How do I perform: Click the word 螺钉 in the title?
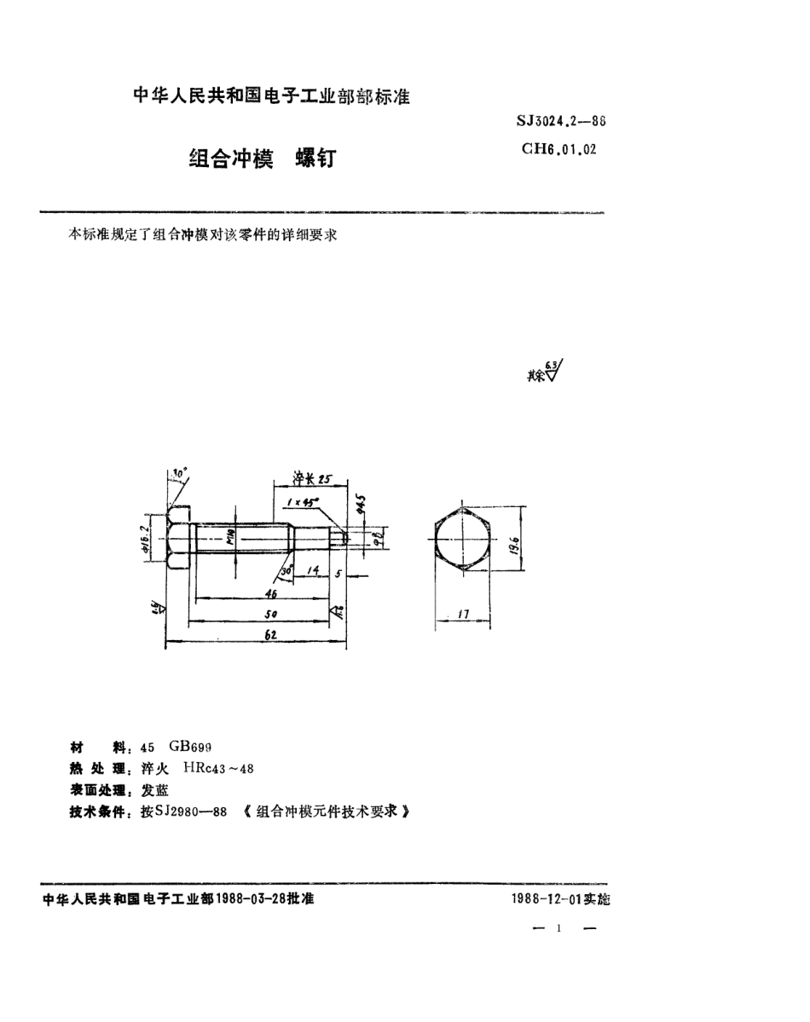coord(315,159)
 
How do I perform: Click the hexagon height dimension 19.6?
coord(509,542)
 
